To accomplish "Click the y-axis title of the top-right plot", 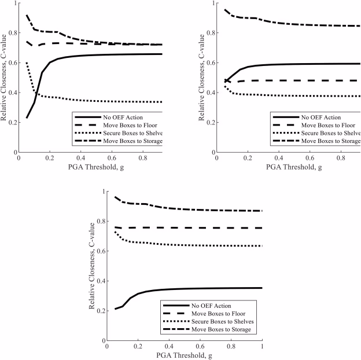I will (x=202, y=78).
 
